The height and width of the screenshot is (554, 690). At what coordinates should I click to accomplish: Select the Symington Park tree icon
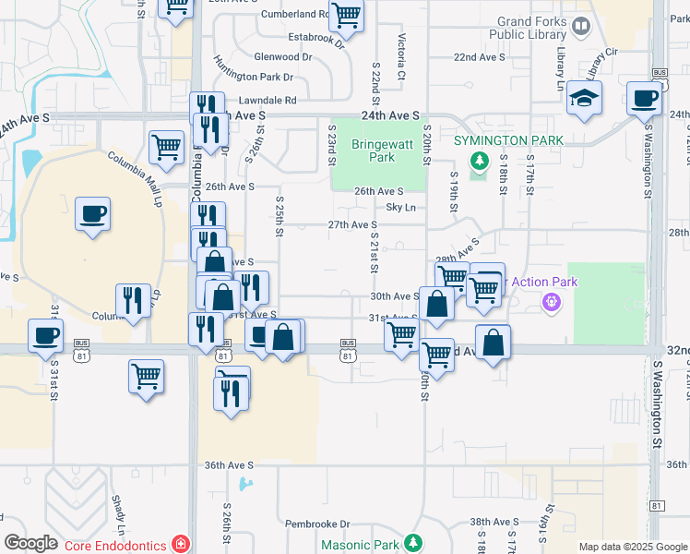coord(479,163)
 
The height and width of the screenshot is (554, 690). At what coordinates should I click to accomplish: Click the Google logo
coord(31,543)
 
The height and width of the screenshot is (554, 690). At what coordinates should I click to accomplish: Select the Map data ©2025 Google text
coord(631,547)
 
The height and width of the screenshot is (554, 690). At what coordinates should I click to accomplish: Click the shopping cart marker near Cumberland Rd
coord(346,15)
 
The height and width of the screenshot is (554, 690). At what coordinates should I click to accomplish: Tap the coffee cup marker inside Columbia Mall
coord(92,214)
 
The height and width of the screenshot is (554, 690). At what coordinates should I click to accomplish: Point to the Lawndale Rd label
coord(267,100)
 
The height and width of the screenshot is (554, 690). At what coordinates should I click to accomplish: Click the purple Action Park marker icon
coord(553,301)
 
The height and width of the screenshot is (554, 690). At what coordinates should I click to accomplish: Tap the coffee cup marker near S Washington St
coord(644,98)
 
